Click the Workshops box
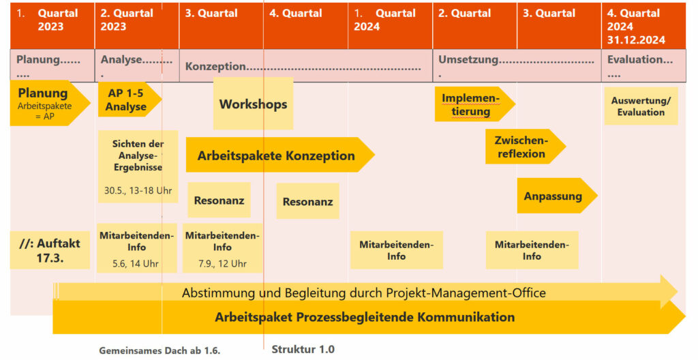254,104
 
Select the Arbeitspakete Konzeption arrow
280,155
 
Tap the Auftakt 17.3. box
50,250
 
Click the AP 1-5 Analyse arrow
130,100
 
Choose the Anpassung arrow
557,196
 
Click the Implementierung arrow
475,104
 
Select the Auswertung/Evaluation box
641,106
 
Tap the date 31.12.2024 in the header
636,40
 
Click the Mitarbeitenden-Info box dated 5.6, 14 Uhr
136,247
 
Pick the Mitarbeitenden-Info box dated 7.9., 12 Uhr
223,247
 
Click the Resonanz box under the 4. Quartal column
307,201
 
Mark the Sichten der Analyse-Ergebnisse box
138,166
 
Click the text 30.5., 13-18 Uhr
138,191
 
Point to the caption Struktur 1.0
303,349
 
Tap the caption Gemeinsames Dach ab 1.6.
160,350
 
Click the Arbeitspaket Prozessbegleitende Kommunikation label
365,317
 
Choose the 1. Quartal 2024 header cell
390,26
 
